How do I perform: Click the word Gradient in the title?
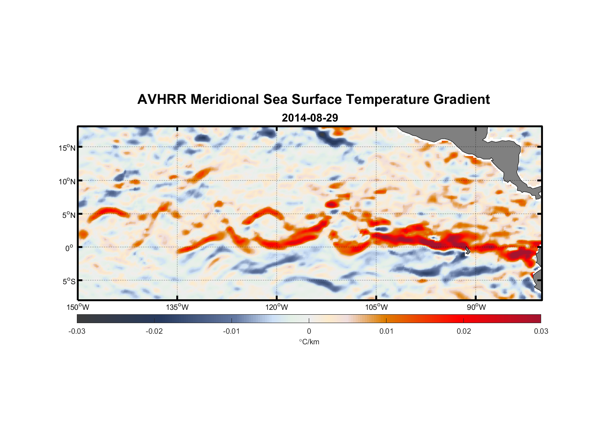462,99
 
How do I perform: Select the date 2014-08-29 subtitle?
310,118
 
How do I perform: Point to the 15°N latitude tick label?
67,148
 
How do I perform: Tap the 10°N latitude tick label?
67,181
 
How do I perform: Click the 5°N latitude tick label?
68,215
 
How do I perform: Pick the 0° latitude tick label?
69,248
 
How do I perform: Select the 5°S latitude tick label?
68,281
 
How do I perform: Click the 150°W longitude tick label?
78,307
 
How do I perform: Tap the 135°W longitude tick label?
177,307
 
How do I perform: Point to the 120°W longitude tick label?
277,307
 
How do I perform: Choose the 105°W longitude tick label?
376,307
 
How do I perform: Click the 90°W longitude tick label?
476,307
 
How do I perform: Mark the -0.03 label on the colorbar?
77,331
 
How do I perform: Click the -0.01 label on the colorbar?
231,331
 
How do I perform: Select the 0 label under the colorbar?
309,331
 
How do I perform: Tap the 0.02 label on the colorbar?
464,331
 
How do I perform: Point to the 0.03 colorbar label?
541,331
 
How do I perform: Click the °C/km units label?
309,342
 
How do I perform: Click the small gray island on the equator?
467,250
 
